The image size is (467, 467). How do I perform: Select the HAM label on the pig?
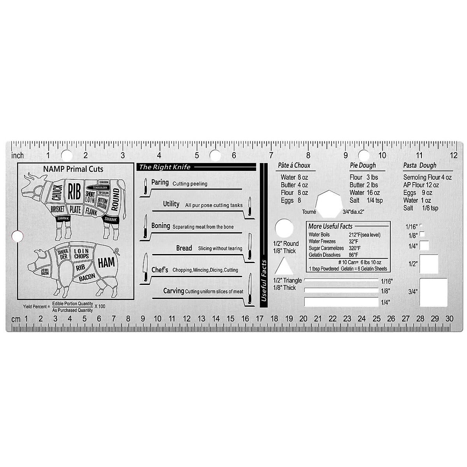click(x=106, y=263)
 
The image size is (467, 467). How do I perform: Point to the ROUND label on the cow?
click(x=115, y=200)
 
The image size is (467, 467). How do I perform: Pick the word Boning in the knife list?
click(x=161, y=226)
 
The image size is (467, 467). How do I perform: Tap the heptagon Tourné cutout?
click(x=329, y=204)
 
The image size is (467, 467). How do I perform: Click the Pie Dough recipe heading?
click(x=363, y=165)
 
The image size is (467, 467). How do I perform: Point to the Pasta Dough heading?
click(x=420, y=165)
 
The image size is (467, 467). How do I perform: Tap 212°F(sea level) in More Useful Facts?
click(x=365, y=235)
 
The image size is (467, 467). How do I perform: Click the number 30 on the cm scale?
click(x=449, y=319)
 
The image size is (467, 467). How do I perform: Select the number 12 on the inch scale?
click(x=453, y=155)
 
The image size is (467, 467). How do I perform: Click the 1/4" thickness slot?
click(x=341, y=302)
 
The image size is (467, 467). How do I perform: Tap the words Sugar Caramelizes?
click(x=326, y=248)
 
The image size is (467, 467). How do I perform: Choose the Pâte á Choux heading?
click(x=294, y=165)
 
